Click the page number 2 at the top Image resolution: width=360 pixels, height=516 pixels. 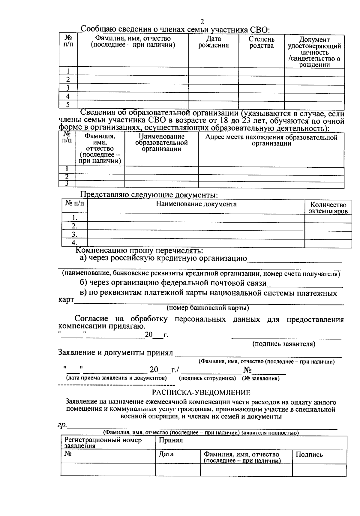coord(202,22)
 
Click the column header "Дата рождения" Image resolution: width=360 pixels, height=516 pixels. coord(214,42)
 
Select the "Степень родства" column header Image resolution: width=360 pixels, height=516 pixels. coord(261,42)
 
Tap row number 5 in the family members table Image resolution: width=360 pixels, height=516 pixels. coord(68,105)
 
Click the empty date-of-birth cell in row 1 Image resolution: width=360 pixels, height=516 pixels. coord(213,71)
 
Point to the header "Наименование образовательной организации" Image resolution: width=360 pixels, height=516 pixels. coord(161,142)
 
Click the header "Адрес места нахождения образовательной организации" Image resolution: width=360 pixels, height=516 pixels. coord(271,140)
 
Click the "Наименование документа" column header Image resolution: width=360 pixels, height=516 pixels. coord(196,204)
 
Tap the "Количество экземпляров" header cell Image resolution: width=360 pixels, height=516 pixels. coord(328,208)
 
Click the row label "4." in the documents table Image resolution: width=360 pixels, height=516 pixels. coord(74,243)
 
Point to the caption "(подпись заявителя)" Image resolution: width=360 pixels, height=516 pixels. coord(284,344)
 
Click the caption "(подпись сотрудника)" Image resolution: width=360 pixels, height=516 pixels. coord(207,378)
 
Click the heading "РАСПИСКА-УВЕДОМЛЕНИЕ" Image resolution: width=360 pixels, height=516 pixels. coord(201,392)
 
